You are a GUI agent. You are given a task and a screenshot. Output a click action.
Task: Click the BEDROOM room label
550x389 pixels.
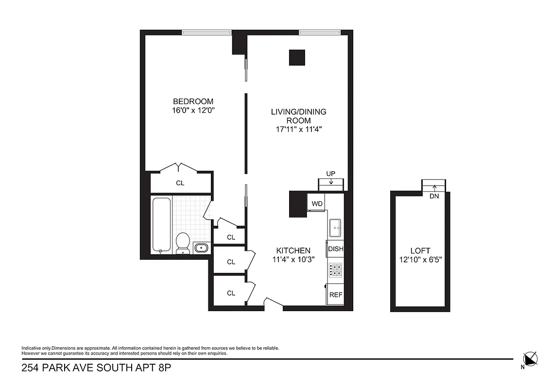point(193,101)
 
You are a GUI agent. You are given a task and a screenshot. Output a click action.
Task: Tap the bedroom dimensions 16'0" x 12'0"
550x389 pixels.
point(193,110)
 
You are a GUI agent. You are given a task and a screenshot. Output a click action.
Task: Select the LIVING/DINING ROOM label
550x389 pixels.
point(298,116)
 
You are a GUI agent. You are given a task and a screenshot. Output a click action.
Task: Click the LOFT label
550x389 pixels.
point(420,250)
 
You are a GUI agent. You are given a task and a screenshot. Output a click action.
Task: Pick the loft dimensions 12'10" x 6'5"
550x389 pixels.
point(420,259)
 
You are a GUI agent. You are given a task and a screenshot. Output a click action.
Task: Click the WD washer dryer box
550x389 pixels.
point(317,203)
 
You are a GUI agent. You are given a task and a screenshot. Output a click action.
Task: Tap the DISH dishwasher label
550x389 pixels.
point(335,249)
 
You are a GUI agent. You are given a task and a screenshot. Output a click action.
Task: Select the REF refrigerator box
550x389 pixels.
point(335,295)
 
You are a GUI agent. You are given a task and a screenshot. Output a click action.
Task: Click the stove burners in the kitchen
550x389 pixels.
point(335,269)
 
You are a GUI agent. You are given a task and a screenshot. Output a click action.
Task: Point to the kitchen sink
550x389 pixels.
point(335,227)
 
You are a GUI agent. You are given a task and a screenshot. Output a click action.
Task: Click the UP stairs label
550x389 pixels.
point(331,174)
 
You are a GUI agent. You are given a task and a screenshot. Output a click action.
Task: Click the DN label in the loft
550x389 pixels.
point(434,196)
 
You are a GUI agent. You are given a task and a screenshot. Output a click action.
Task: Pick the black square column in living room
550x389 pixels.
point(297,57)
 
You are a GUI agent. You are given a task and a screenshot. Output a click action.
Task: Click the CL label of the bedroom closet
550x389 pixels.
point(180,183)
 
